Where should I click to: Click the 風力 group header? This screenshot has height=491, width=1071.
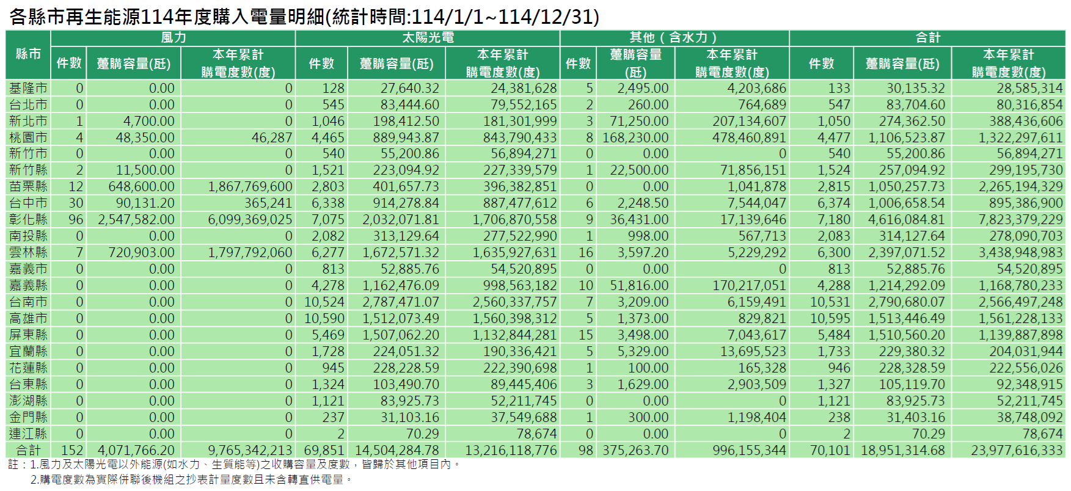point(173,38)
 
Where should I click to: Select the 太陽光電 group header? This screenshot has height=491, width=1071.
point(428,38)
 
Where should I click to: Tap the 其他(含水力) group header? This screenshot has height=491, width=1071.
point(674,38)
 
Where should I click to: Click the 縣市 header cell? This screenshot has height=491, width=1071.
point(28,54)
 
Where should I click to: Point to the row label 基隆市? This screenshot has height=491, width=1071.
point(28,89)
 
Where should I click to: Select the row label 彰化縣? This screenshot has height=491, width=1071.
point(28,219)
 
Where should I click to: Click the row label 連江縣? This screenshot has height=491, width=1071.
point(28,434)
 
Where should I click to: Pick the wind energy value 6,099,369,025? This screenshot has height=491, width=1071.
point(250,219)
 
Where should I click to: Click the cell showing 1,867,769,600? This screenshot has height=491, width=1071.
point(250,186)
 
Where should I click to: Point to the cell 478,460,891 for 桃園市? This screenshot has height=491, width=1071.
point(749,137)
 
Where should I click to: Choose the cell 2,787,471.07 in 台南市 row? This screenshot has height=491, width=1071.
point(400,302)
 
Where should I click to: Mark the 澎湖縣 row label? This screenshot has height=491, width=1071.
point(28,401)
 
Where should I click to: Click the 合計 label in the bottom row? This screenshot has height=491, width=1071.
point(28,451)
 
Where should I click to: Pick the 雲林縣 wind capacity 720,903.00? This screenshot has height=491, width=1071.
point(141,252)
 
